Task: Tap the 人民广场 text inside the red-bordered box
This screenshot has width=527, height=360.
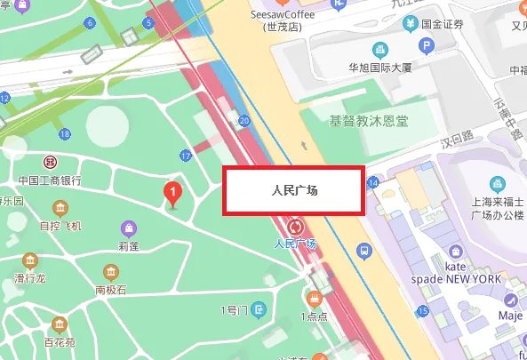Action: point(293,190)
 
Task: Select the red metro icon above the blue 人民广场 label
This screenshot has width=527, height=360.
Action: point(295,226)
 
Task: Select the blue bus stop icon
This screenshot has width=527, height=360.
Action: point(363,252)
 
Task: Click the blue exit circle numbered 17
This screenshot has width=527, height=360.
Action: point(186,156)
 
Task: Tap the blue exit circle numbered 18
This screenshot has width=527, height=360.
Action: point(64,134)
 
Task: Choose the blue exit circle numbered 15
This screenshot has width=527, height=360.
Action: point(423,309)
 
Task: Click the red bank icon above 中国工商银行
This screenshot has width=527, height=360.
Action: point(51,163)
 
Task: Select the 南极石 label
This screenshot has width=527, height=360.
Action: point(111,290)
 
